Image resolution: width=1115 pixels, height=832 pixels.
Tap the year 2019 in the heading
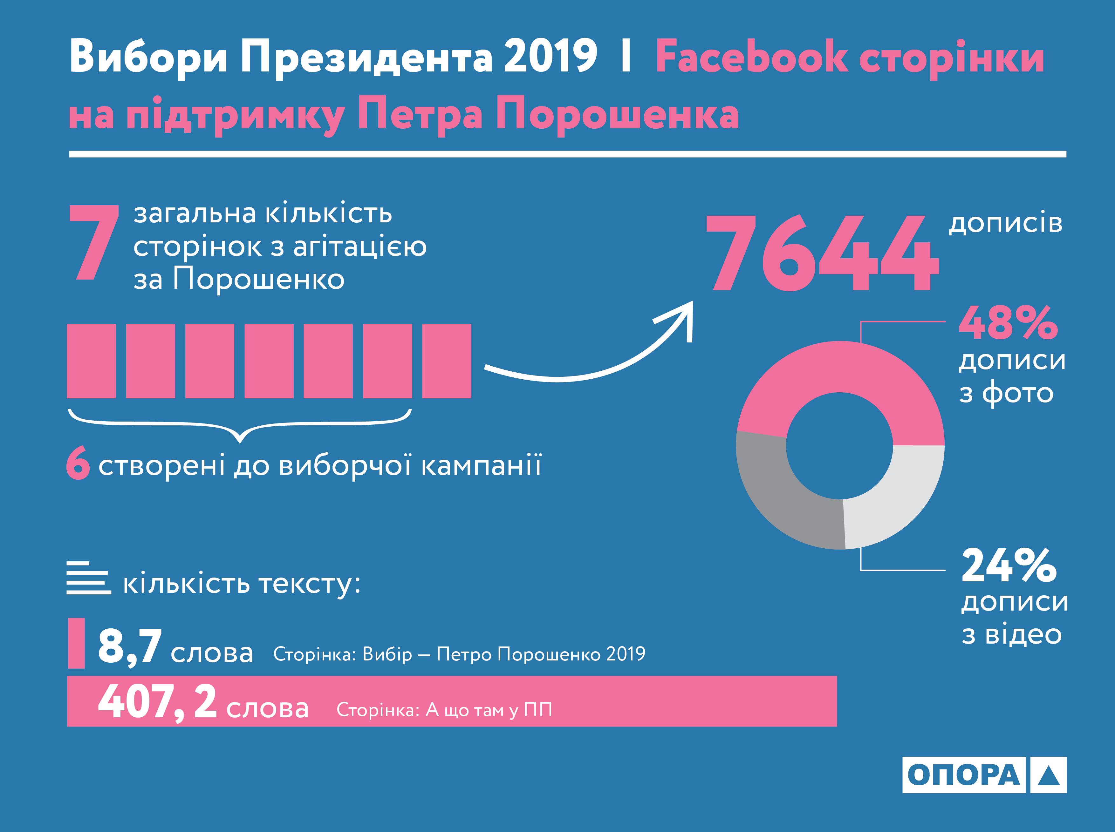point(551,59)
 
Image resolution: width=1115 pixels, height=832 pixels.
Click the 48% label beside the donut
point(1008,323)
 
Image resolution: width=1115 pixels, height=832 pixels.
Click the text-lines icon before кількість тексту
point(88,579)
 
